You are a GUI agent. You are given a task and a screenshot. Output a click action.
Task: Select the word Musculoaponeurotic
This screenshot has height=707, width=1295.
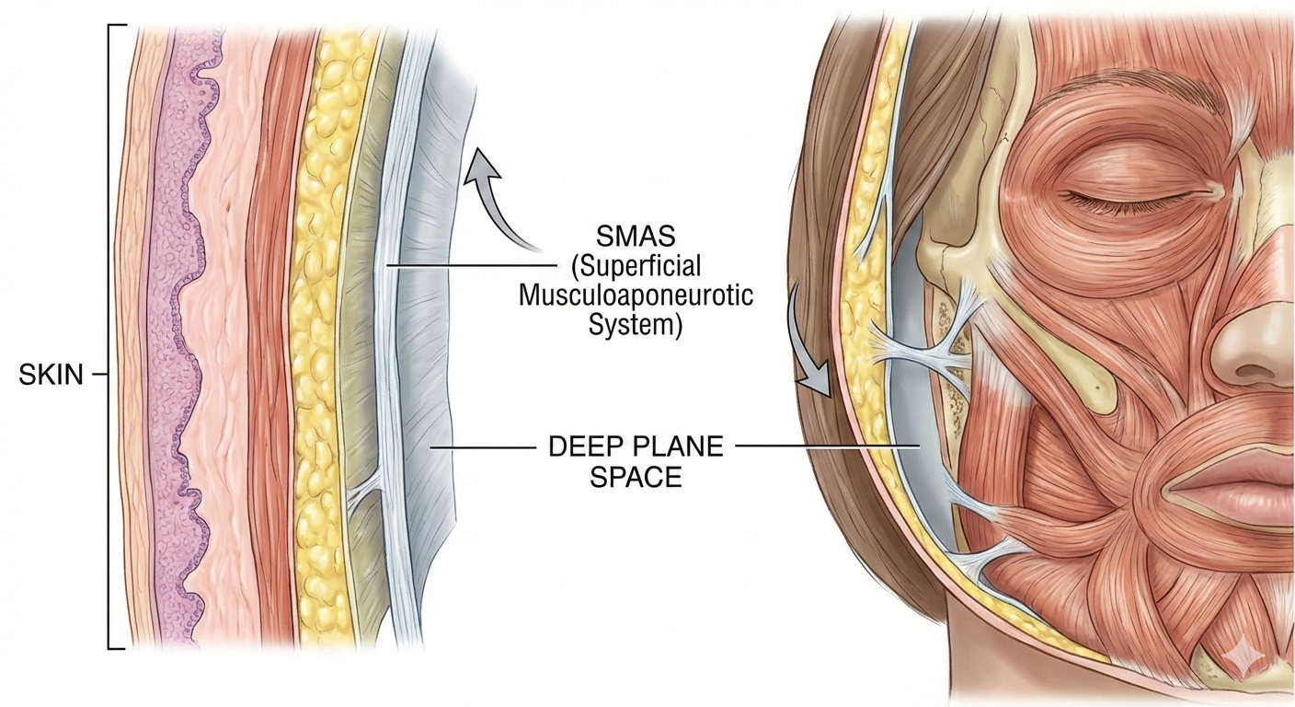click(636, 296)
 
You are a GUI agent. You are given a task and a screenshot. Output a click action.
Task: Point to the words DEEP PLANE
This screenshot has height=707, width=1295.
click(636, 447)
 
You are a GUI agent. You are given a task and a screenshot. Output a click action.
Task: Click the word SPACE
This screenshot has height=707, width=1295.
click(636, 478)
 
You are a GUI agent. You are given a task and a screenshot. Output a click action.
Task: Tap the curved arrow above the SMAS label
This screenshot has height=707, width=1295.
click(501, 198)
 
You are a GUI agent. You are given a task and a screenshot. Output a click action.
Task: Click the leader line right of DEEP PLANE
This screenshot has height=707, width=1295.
click(828, 446)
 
